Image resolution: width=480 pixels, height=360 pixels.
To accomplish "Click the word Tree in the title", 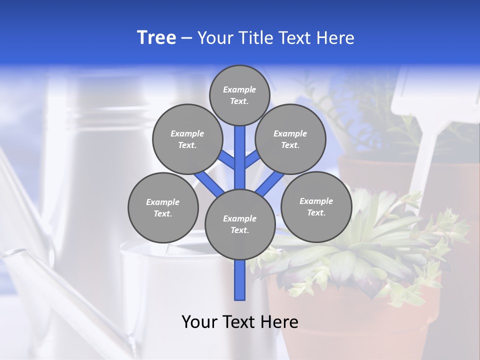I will click(x=156, y=38).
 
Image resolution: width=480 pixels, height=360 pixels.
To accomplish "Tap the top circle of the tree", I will click(x=239, y=95).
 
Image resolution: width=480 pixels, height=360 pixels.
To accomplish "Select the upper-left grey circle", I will click(x=187, y=139).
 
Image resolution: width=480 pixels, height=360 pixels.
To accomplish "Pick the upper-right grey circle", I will click(x=290, y=139).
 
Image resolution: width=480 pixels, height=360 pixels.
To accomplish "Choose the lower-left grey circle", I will click(x=163, y=207).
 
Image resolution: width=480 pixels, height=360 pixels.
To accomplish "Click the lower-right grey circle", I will click(x=316, y=206).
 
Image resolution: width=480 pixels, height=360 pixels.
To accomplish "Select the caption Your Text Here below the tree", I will click(x=240, y=322).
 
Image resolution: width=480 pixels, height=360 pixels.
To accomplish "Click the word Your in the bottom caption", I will click(x=199, y=322).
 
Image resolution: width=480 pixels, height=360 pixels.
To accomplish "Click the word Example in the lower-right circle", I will click(x=316, y=201).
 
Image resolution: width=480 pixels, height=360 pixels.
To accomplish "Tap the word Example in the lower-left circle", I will click(x=163, y=202).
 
